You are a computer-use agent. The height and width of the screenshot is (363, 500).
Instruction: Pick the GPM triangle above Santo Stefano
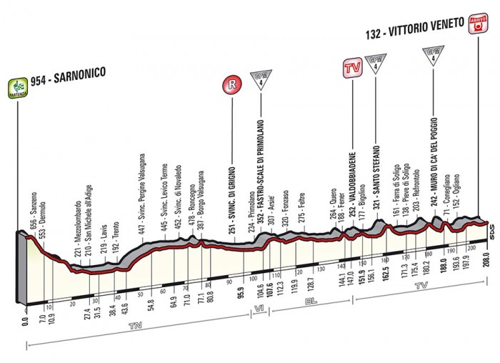coord(374,63)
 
